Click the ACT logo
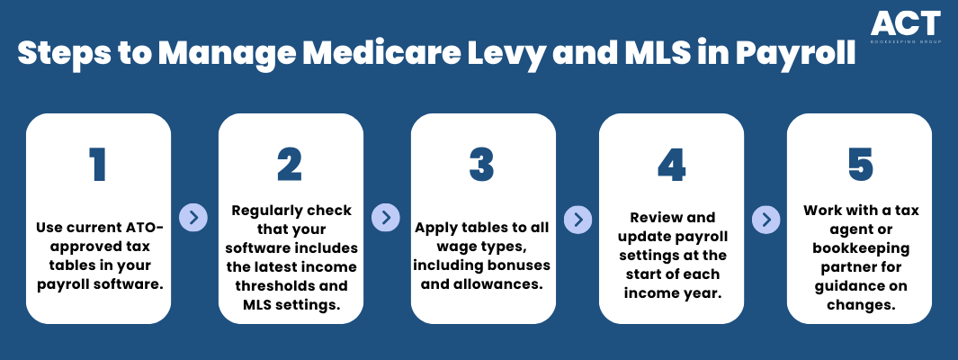(906, 26)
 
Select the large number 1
(98, 165)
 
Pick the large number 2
(290, 165)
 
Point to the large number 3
(482, 165)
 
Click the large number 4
(671, 165)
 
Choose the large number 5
(860, 165)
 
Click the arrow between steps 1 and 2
(193, 218)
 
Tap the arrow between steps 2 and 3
(386, 218)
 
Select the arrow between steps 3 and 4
(578, 219)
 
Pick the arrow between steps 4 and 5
(766, 219)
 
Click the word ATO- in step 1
(142, 228)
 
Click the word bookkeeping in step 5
(859, 248)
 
